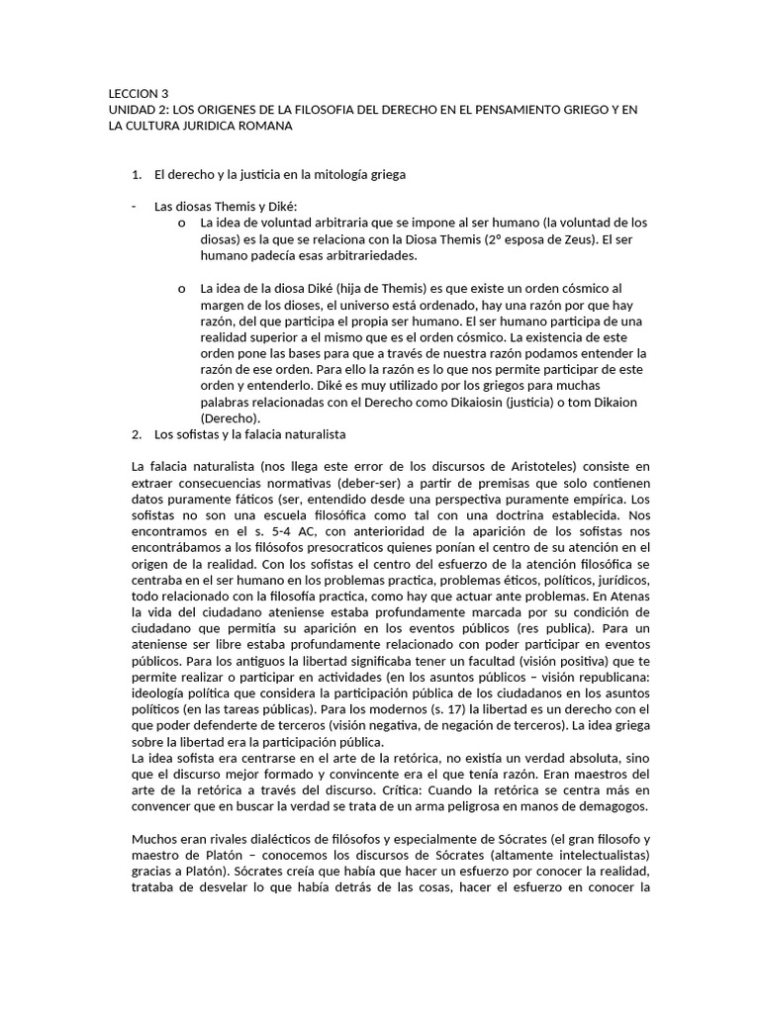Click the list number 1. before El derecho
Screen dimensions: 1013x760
[137, 175]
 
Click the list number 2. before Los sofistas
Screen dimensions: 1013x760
[137, 434]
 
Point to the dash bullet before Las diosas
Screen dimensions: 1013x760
[134, 207]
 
